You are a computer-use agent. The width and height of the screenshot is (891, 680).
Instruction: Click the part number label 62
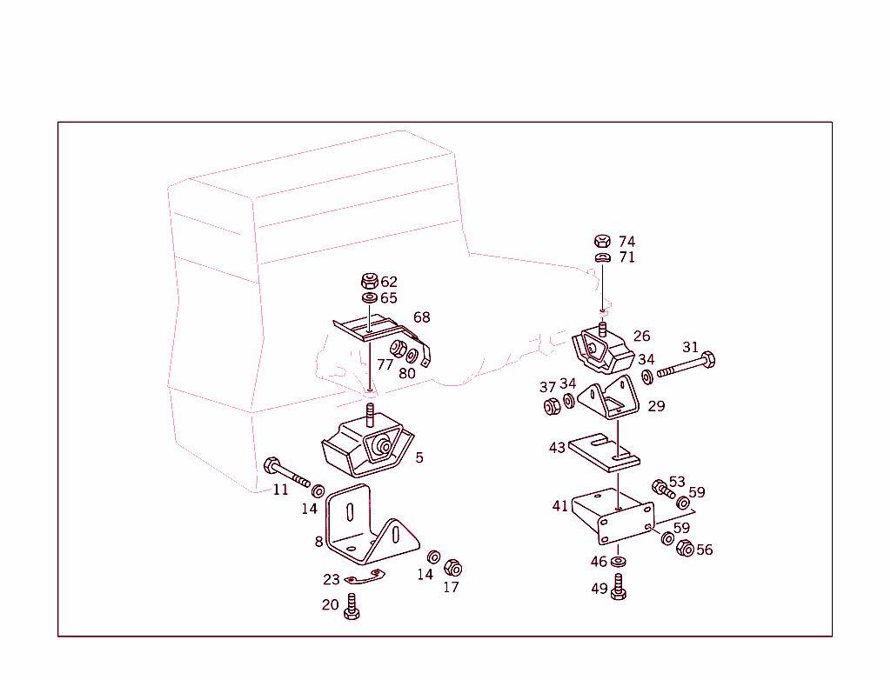[x=388, y=282]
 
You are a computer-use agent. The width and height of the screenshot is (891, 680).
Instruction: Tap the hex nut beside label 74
[x=601, y=241]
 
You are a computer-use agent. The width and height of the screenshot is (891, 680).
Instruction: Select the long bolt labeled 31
[x=687, y=365]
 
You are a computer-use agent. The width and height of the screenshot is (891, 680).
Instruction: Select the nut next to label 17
[x=452, y=568]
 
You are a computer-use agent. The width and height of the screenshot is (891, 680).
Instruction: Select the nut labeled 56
[x=685, y=549]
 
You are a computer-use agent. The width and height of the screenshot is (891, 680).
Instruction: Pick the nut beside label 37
[x=551, y=405]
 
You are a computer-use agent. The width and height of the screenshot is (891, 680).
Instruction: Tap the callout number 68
[x=421, y=317]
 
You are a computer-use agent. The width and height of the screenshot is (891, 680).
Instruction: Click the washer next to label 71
[x=602, y=257]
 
